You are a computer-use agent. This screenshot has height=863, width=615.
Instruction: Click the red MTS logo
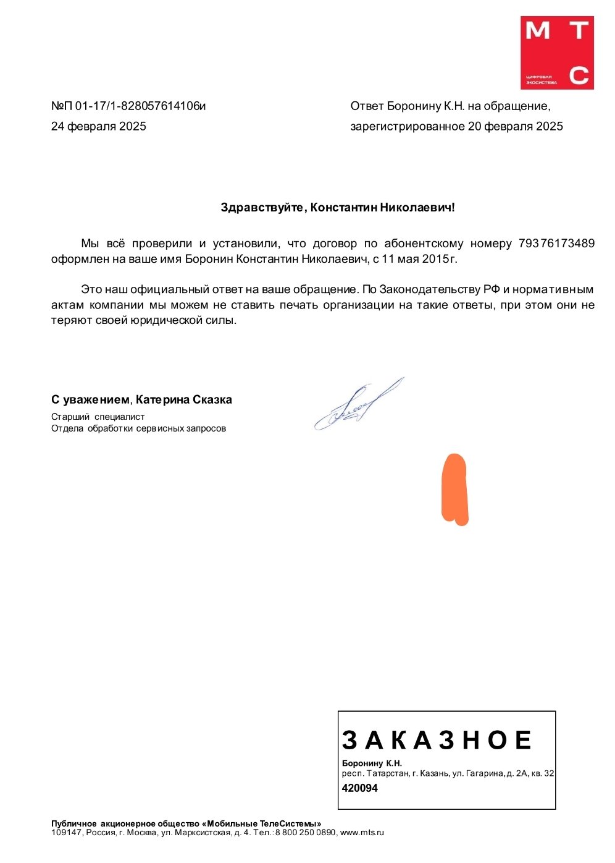point(557,53)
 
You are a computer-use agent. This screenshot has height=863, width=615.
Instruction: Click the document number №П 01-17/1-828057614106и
point(128,106)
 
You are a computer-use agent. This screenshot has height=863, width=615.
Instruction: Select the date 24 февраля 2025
point(99,127)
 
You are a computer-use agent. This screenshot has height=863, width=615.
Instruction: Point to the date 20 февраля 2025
point(516,127)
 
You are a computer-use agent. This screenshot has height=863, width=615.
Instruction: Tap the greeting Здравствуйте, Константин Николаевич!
point(338,208)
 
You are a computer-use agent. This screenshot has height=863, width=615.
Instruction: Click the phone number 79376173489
point(556,244)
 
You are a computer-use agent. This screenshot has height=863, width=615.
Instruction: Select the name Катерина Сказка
point(184,400)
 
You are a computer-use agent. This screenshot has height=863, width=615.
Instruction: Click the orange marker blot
point(454,490)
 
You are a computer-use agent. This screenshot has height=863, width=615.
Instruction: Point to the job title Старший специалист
point(98,417)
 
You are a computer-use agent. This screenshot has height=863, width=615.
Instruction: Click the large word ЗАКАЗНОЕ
point(437,740)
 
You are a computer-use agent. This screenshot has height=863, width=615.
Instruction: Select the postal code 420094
point(359,788)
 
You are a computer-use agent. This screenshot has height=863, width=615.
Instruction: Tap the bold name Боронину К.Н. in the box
point(372,763)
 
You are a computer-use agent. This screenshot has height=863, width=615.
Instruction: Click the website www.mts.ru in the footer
point(362,833)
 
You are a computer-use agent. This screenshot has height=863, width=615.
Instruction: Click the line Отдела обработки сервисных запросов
point(138,428)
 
